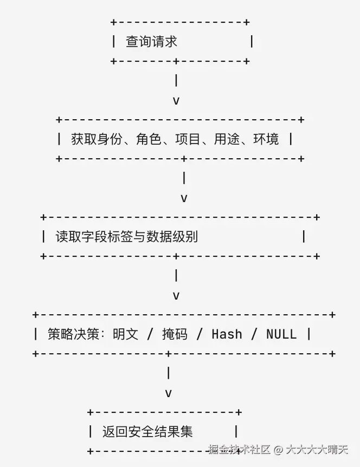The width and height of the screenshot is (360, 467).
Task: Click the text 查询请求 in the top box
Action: click(x=151, y=41)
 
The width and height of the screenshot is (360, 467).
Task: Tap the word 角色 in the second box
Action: click(x=149, y=139)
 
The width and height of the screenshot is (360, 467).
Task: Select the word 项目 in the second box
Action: click(x=188, y=139)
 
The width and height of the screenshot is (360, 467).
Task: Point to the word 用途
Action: click(x=227, y=139)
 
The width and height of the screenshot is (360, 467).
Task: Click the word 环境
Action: click(x=266, y=139)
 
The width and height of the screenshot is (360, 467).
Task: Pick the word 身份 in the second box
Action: click(x=110, y=139)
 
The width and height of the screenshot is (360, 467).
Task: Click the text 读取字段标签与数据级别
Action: click(x=127, y=237)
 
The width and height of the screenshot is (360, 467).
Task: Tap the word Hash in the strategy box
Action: click(x=227, y=334)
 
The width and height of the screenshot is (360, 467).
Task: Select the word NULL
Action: click(x=281, y=334)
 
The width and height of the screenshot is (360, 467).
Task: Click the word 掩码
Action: click(x=175, y=334)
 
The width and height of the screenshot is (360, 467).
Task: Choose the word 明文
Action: click(x=125, y=334)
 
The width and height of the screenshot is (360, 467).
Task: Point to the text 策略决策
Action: click(x=73, y=334)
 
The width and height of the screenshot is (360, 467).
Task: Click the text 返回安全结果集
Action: click(x=147, y=432)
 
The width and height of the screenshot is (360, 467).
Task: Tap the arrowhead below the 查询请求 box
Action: click(x=176, y=101)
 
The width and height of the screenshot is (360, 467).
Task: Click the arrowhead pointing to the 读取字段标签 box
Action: click(x=184, y=198)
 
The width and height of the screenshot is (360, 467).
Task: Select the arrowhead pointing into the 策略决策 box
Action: click(x=176, y=296)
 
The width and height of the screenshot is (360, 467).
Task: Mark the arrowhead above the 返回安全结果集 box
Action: click(x=169, y=393)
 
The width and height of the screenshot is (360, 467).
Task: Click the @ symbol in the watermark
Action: click(x=278, y=450)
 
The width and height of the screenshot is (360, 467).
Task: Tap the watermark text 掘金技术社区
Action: click(x=239, y=450)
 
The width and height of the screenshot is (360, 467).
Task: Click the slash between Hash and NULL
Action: click(x=254, y=334)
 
